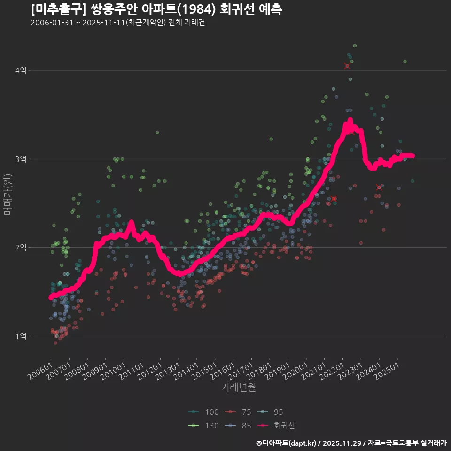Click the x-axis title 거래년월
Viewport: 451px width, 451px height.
pos(238,388)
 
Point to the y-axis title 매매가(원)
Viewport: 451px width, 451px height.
pos(7,194)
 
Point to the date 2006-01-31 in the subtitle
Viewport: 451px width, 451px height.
pos(52,23)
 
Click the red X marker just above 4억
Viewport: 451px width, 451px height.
pos(347,66)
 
